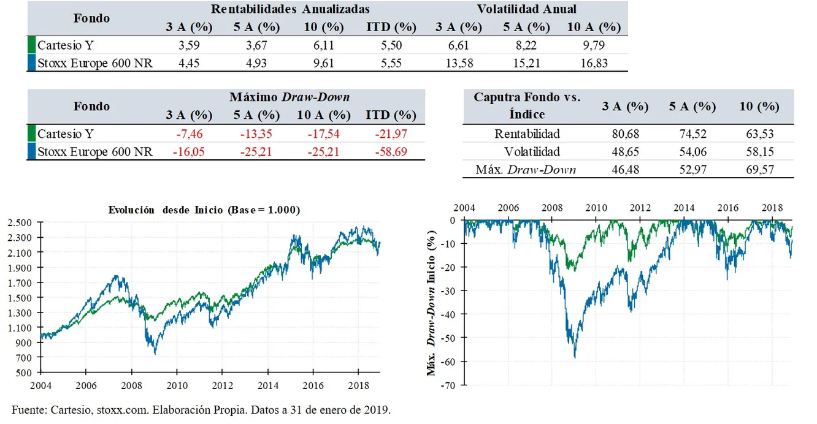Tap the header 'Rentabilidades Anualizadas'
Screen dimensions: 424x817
click(290, 9)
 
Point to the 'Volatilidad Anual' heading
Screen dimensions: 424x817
click(526, 9)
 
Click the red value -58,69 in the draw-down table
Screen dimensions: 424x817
click(391, 151)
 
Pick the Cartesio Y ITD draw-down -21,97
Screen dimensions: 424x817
click(391, 134)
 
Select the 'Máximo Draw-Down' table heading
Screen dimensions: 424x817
click(290, 97)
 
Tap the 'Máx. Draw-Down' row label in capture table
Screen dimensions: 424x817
click(526, 169)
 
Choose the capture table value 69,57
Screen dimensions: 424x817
click(759, 169)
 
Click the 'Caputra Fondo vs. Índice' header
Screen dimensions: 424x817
click(527, 105)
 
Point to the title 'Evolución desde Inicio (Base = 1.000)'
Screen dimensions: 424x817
click(204, 210)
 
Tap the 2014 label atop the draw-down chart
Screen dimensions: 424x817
click(684, 208)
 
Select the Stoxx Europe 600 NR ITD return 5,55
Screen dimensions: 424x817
click(391, 62)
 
